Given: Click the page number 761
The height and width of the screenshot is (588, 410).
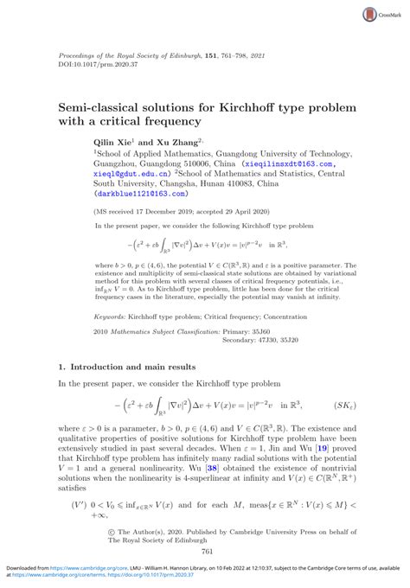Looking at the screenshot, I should click(x=206, y=550).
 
